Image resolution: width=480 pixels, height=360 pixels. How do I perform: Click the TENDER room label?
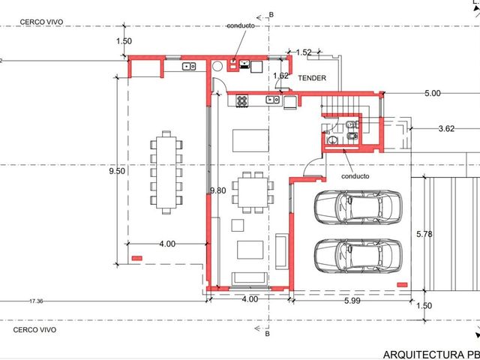[312, 78]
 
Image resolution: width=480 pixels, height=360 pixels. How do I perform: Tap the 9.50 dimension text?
[117, 171]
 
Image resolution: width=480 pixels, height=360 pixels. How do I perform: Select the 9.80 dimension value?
[218, 190]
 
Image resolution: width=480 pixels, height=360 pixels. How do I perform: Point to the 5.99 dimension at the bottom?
[352, 301]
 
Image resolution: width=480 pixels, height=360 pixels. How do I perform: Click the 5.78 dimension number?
[424, 234]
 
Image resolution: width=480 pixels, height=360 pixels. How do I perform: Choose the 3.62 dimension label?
[446, 128]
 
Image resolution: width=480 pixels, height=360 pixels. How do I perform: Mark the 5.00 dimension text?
[433, 93]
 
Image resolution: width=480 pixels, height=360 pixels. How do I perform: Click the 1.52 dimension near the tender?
[304, 52]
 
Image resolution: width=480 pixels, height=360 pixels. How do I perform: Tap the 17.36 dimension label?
[36, 301]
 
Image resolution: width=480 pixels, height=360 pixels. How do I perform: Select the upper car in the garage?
[358, 208]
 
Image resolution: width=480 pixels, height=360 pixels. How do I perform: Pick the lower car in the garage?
[358, 256]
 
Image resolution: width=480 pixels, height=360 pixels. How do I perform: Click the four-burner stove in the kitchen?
[241, 100]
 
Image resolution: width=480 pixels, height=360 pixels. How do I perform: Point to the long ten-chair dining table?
[166, 172]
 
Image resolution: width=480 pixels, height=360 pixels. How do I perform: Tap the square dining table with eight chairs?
[253, 193]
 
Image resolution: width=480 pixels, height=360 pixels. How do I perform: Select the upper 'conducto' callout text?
[241, 26]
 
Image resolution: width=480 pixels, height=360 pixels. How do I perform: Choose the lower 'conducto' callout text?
[355, 176]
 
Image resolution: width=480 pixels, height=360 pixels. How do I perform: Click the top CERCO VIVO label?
[42, 22]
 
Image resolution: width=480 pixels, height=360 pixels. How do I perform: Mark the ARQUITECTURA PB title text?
[432, 355]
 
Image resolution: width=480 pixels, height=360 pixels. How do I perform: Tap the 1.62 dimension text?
[280, 76]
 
